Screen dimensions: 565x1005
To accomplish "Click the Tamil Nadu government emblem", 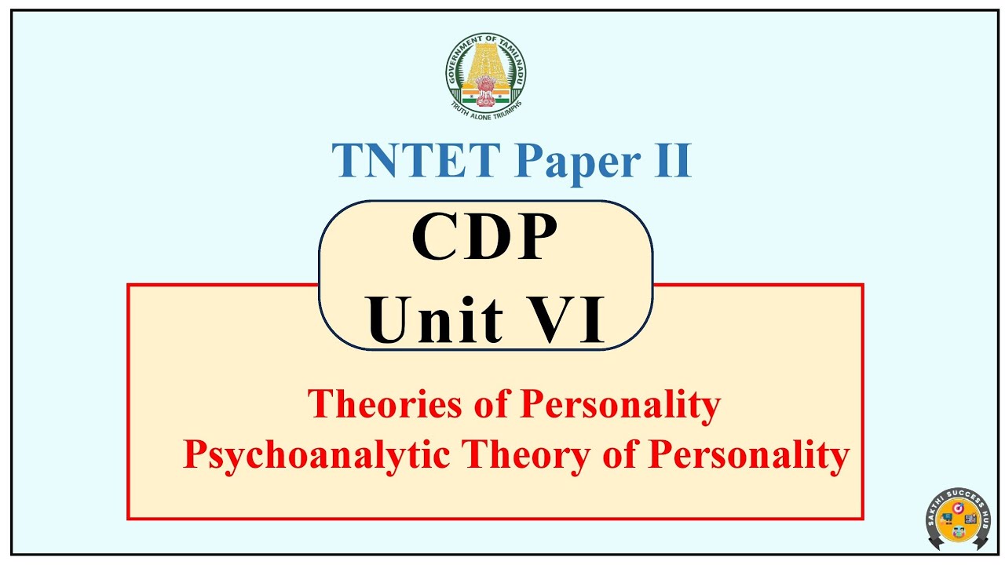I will pyautogui.click(x=486, y=75).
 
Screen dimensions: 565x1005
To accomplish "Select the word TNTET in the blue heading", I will pyautogui.click(x=415, y=161).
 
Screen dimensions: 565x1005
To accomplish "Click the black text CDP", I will pyautogui.click(x=484, y=238).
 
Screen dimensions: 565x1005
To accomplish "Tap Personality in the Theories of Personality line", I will pyautogui.click(x=620, y=404).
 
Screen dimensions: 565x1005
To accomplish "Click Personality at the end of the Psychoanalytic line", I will pyautogui.click(x=748, y=454).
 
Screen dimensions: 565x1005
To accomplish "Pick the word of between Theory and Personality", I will pyautogui.click(x=619, y=454).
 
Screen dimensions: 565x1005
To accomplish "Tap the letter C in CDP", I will pyautogui.click(x=437, y=238).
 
